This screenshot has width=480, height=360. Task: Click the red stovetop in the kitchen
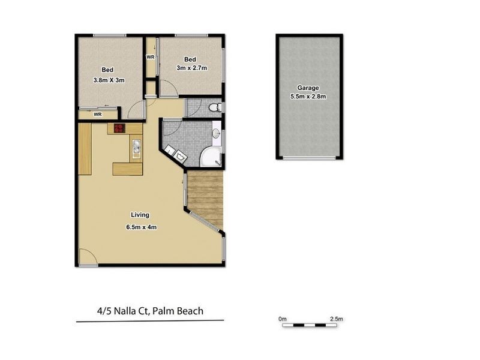(118, 128)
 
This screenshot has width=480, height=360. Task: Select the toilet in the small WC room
(215, 108)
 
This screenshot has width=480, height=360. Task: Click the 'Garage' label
(308, 88)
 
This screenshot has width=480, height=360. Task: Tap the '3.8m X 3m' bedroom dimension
(109, 80)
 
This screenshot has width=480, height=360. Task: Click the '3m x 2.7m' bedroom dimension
(191, 68)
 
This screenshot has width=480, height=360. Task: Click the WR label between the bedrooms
(150, 58)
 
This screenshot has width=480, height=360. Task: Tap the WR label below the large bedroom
(96, 114)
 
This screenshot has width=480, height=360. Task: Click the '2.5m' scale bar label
(337, 318)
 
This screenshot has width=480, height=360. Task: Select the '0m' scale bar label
(283, 318)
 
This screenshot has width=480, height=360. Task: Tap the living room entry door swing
(87, 258)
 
